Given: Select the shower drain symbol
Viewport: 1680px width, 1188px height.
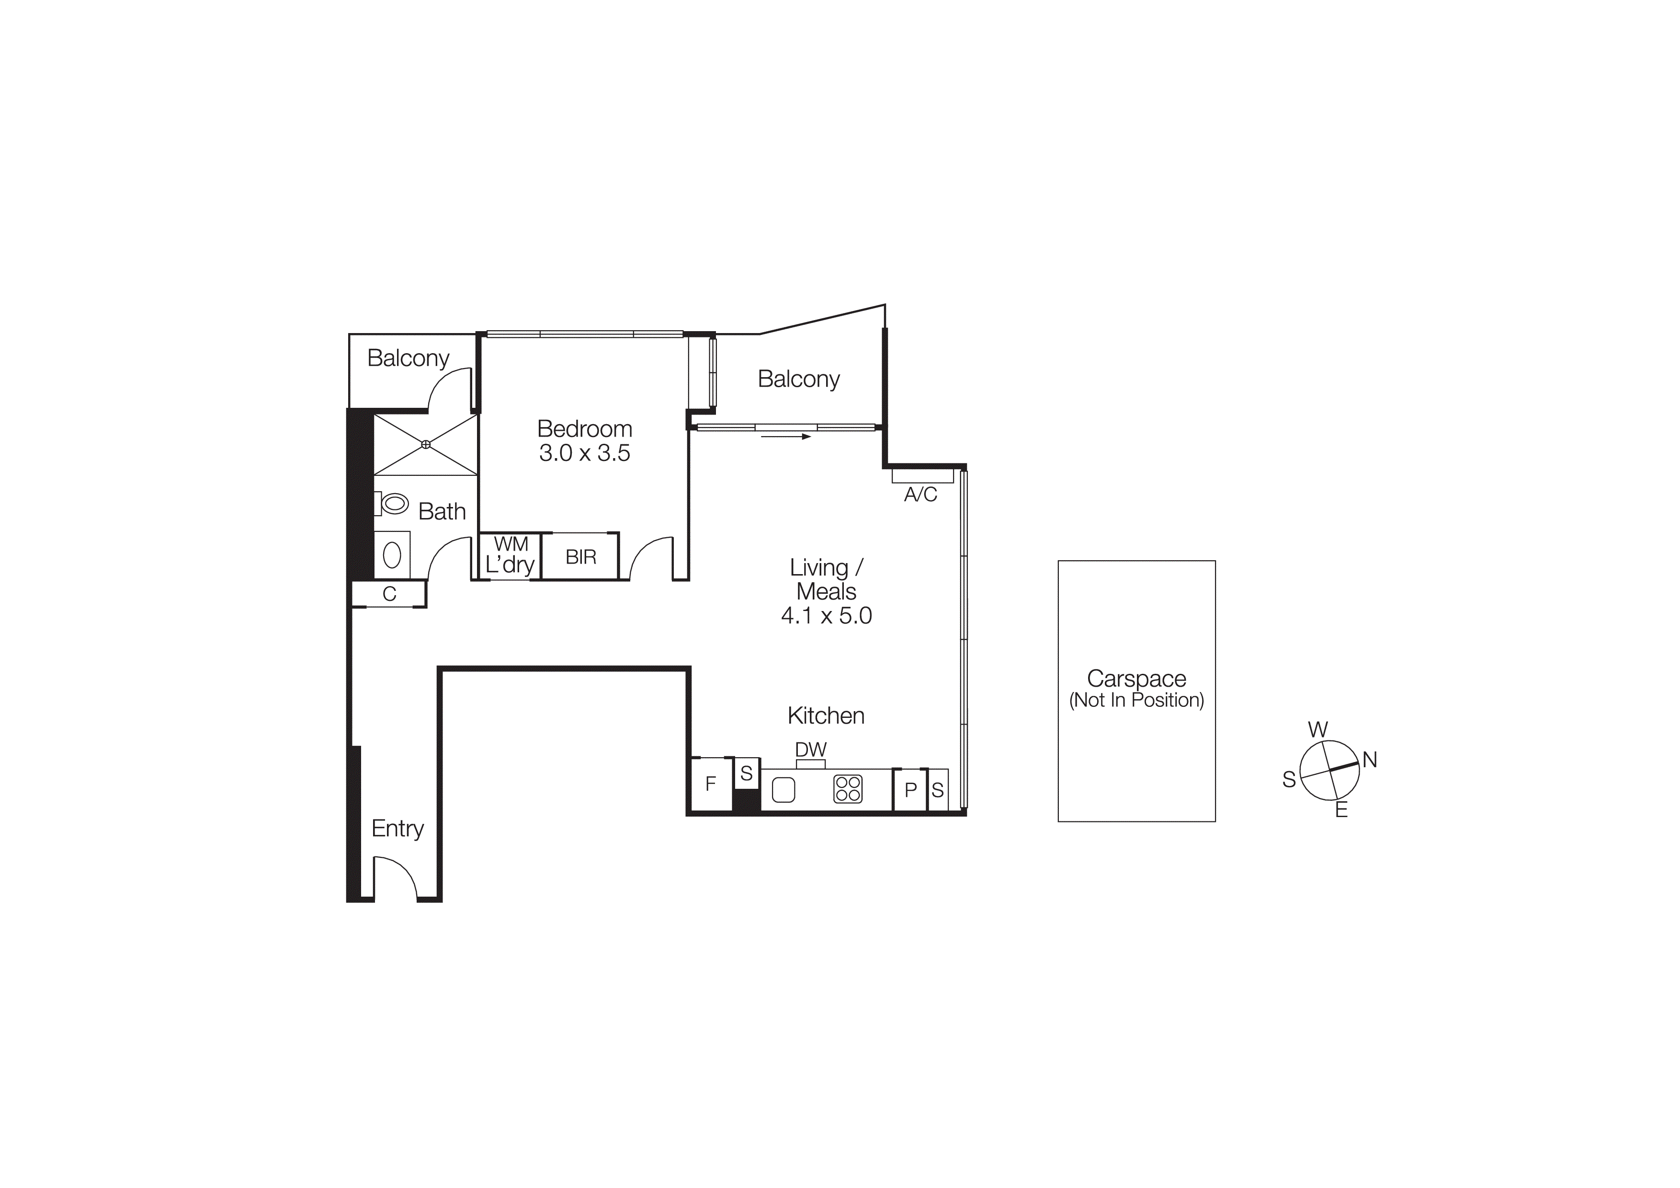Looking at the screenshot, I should [x=426, y=444].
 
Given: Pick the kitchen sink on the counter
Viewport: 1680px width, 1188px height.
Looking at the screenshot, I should [x=783, y=790].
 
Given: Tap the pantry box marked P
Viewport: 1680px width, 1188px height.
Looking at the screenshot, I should [x=910, y=790].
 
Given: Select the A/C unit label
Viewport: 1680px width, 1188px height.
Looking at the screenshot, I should [x=920, y=495].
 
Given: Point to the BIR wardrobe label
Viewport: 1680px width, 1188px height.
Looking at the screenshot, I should [x=581, y=557].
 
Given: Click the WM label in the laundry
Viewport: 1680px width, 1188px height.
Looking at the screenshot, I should [x=511, y=544].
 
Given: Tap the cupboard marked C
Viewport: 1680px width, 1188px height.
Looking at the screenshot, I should [x=389, y=594].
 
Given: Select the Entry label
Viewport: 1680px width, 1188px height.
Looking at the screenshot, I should [x=397, y=828].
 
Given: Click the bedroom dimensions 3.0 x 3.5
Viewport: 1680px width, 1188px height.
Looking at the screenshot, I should [x=585, y=453].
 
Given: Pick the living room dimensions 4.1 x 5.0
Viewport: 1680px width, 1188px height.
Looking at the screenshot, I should [x=826, y=616].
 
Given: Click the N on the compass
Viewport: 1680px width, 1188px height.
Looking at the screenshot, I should [x=1370, y=761].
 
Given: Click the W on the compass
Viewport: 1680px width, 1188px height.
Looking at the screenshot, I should [x=1317, y=730].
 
